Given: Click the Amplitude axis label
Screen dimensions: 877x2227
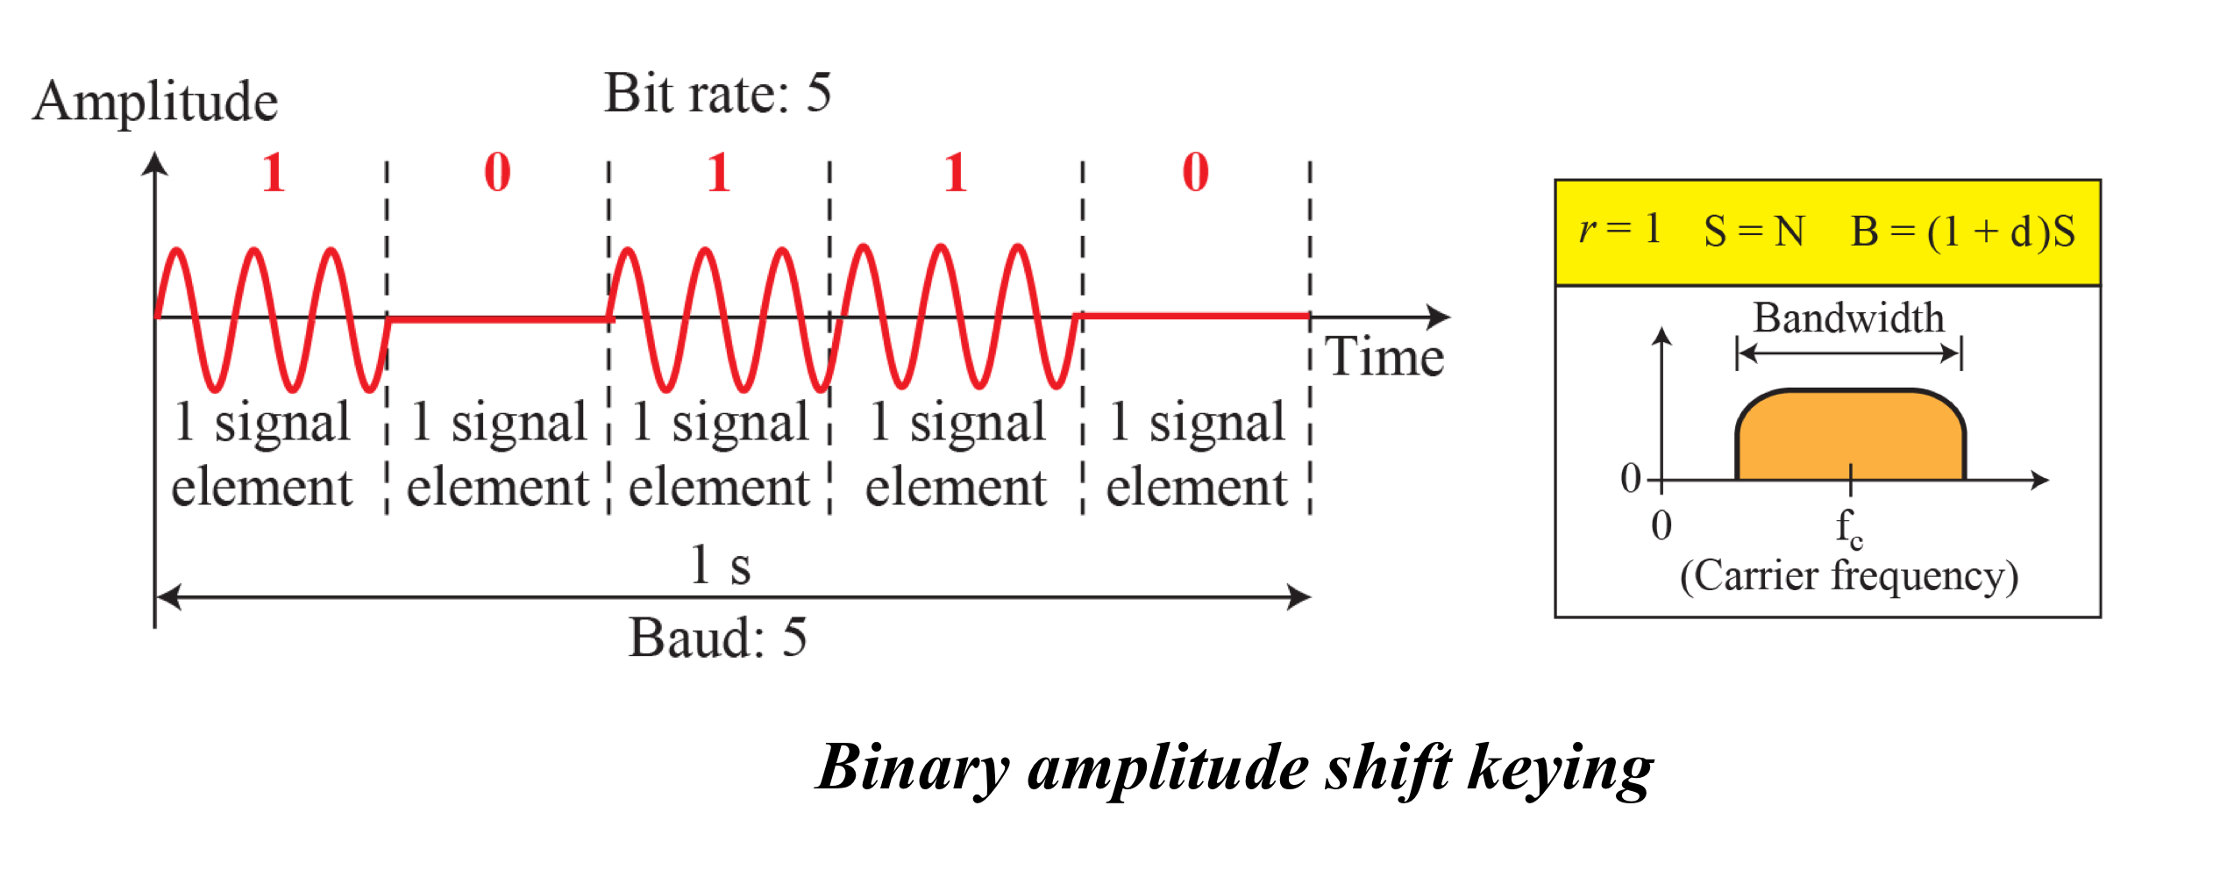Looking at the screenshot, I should [x=155, y=102].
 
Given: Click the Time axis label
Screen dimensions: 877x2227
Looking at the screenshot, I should [x=1384, y=357].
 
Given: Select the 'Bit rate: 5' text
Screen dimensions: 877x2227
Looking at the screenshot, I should [x=717, y=93].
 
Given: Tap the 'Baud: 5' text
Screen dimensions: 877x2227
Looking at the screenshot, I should [x=717, y=638].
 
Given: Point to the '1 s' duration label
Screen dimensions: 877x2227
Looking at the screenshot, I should [x=720, y=566].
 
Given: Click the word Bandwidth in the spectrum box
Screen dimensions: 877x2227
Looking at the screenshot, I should [x=1848, y=317].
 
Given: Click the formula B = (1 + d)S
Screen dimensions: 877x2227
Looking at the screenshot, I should [x=1962, y=232].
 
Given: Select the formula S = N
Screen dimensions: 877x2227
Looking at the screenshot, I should [x=1754, y=232].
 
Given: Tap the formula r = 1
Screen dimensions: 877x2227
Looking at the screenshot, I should [x=1619, y=230].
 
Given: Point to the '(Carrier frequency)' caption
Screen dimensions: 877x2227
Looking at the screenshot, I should [x=1848, y=576].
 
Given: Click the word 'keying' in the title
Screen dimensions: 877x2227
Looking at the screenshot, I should [x=1560, y=769].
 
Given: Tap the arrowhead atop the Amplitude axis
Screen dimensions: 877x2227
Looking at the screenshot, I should [x=155, y=163].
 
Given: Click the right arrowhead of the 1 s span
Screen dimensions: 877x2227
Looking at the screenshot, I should [x=1299, y=597].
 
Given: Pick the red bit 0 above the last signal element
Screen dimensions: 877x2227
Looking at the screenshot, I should [x=1195, y=172].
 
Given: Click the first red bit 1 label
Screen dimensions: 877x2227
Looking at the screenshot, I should [x=274, y=172].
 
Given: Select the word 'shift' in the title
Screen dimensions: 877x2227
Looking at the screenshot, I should [x=1387, y=767].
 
